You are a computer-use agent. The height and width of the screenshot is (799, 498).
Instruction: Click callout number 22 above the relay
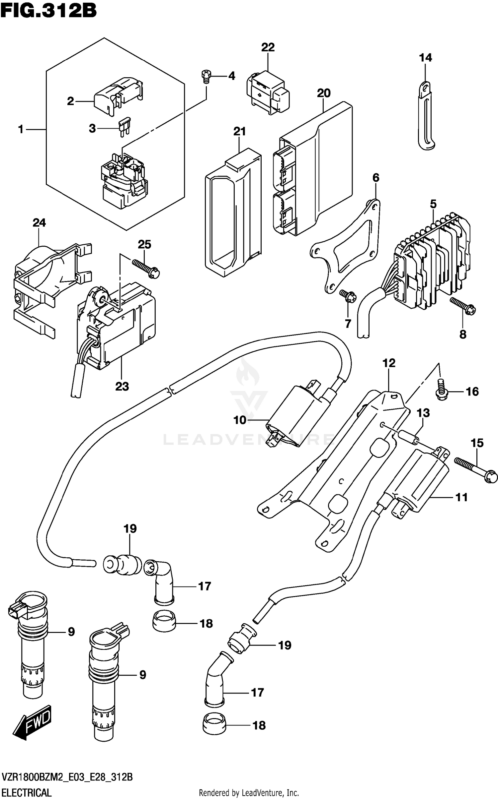coord(268,47)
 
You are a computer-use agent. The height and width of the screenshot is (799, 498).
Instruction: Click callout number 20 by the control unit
coord(323,93)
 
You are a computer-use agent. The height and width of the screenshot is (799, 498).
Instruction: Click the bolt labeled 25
coord(146,268)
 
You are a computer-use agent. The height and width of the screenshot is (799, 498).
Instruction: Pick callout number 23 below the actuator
coord(122,386)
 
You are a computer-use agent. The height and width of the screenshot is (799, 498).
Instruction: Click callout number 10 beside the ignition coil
coord(240,420)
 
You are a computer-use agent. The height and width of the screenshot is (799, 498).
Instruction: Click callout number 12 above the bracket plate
coord(389,363)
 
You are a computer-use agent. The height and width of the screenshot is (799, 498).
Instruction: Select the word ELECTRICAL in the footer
coord(27,790)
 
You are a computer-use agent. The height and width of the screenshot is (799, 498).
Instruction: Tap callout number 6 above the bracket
coord(375,178)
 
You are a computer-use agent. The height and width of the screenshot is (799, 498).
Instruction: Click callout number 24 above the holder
coord(39,222)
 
